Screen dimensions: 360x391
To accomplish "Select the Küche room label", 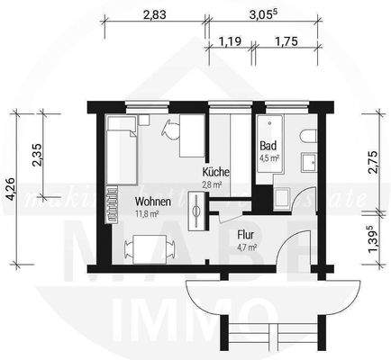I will click(216, 171).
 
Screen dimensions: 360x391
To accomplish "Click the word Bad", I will click(268, 146).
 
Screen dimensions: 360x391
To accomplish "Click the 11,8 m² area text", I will click(148, 214).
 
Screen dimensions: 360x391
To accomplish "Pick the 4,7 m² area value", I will click(246, 246).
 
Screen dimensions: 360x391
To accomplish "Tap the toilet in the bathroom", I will click(306, 135).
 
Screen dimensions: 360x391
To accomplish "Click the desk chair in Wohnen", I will click(168, 129).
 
